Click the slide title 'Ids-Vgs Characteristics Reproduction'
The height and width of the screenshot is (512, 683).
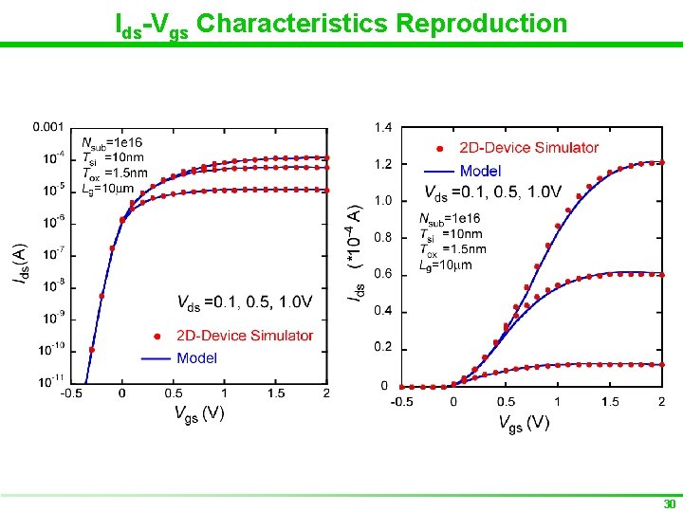pyautogui.click(x=341, y=23)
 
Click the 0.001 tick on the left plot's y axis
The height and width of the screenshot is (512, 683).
pyautogui.click(x=48, y=126)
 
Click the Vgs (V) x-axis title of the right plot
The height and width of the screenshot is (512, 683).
pyautogui.click(x=524, y=422)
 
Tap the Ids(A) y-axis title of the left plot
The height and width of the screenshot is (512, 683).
pyautogui.click(x=19, y=264)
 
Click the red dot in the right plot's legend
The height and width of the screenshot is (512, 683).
pyautogui.click(x=440, y=148)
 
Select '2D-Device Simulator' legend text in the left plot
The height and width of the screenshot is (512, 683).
pyautogui.click(x=245, y=336)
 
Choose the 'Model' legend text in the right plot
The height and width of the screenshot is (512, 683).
pyautogui.click(x=480, y=172)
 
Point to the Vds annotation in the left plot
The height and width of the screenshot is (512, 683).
pyautogui.click(x=245, y=302)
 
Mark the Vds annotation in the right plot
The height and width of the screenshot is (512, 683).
pyautogui.click(x=492, y=192)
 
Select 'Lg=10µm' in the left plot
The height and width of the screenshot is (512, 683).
pyautogui.click(x=107, y=188)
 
